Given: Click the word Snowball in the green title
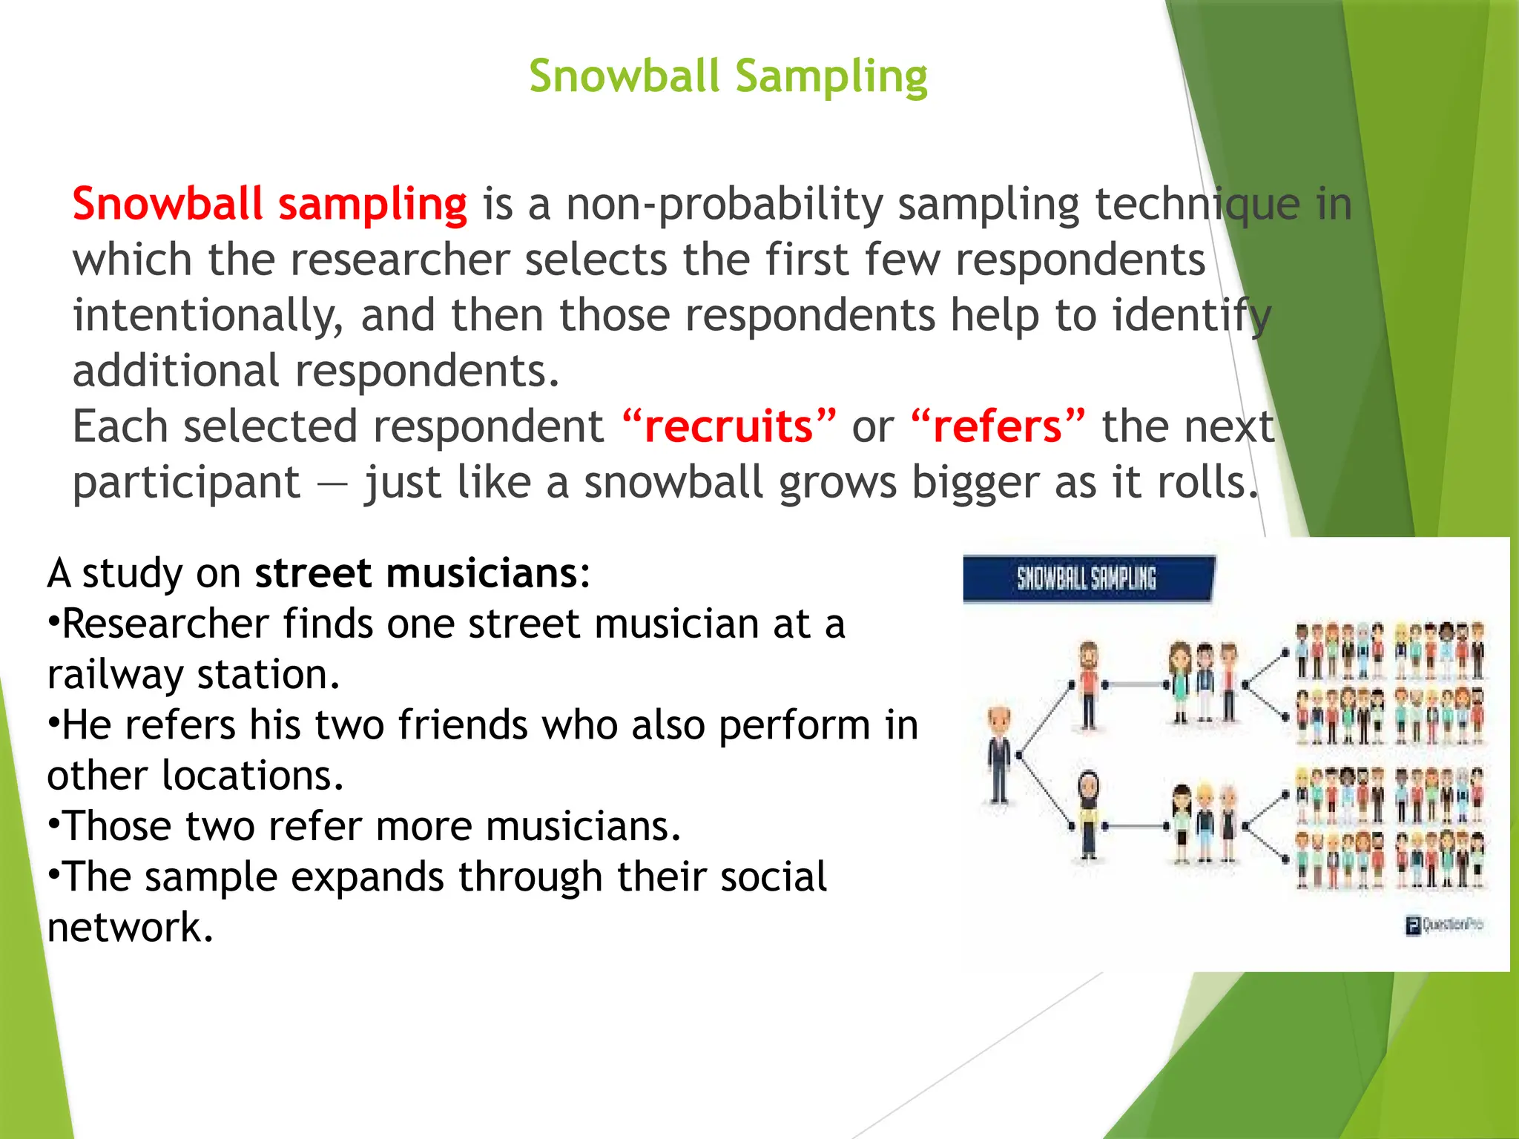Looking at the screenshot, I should (624, 76).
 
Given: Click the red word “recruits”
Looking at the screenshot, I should (728, 426).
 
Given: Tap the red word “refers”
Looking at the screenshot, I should (998, 426).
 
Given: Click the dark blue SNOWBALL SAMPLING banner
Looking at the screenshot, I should (1087, 578).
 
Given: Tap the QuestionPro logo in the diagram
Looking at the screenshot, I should (1443, 925).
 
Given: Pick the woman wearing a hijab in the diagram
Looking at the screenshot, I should (1088, 814).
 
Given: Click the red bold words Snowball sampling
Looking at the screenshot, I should (269, 204).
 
